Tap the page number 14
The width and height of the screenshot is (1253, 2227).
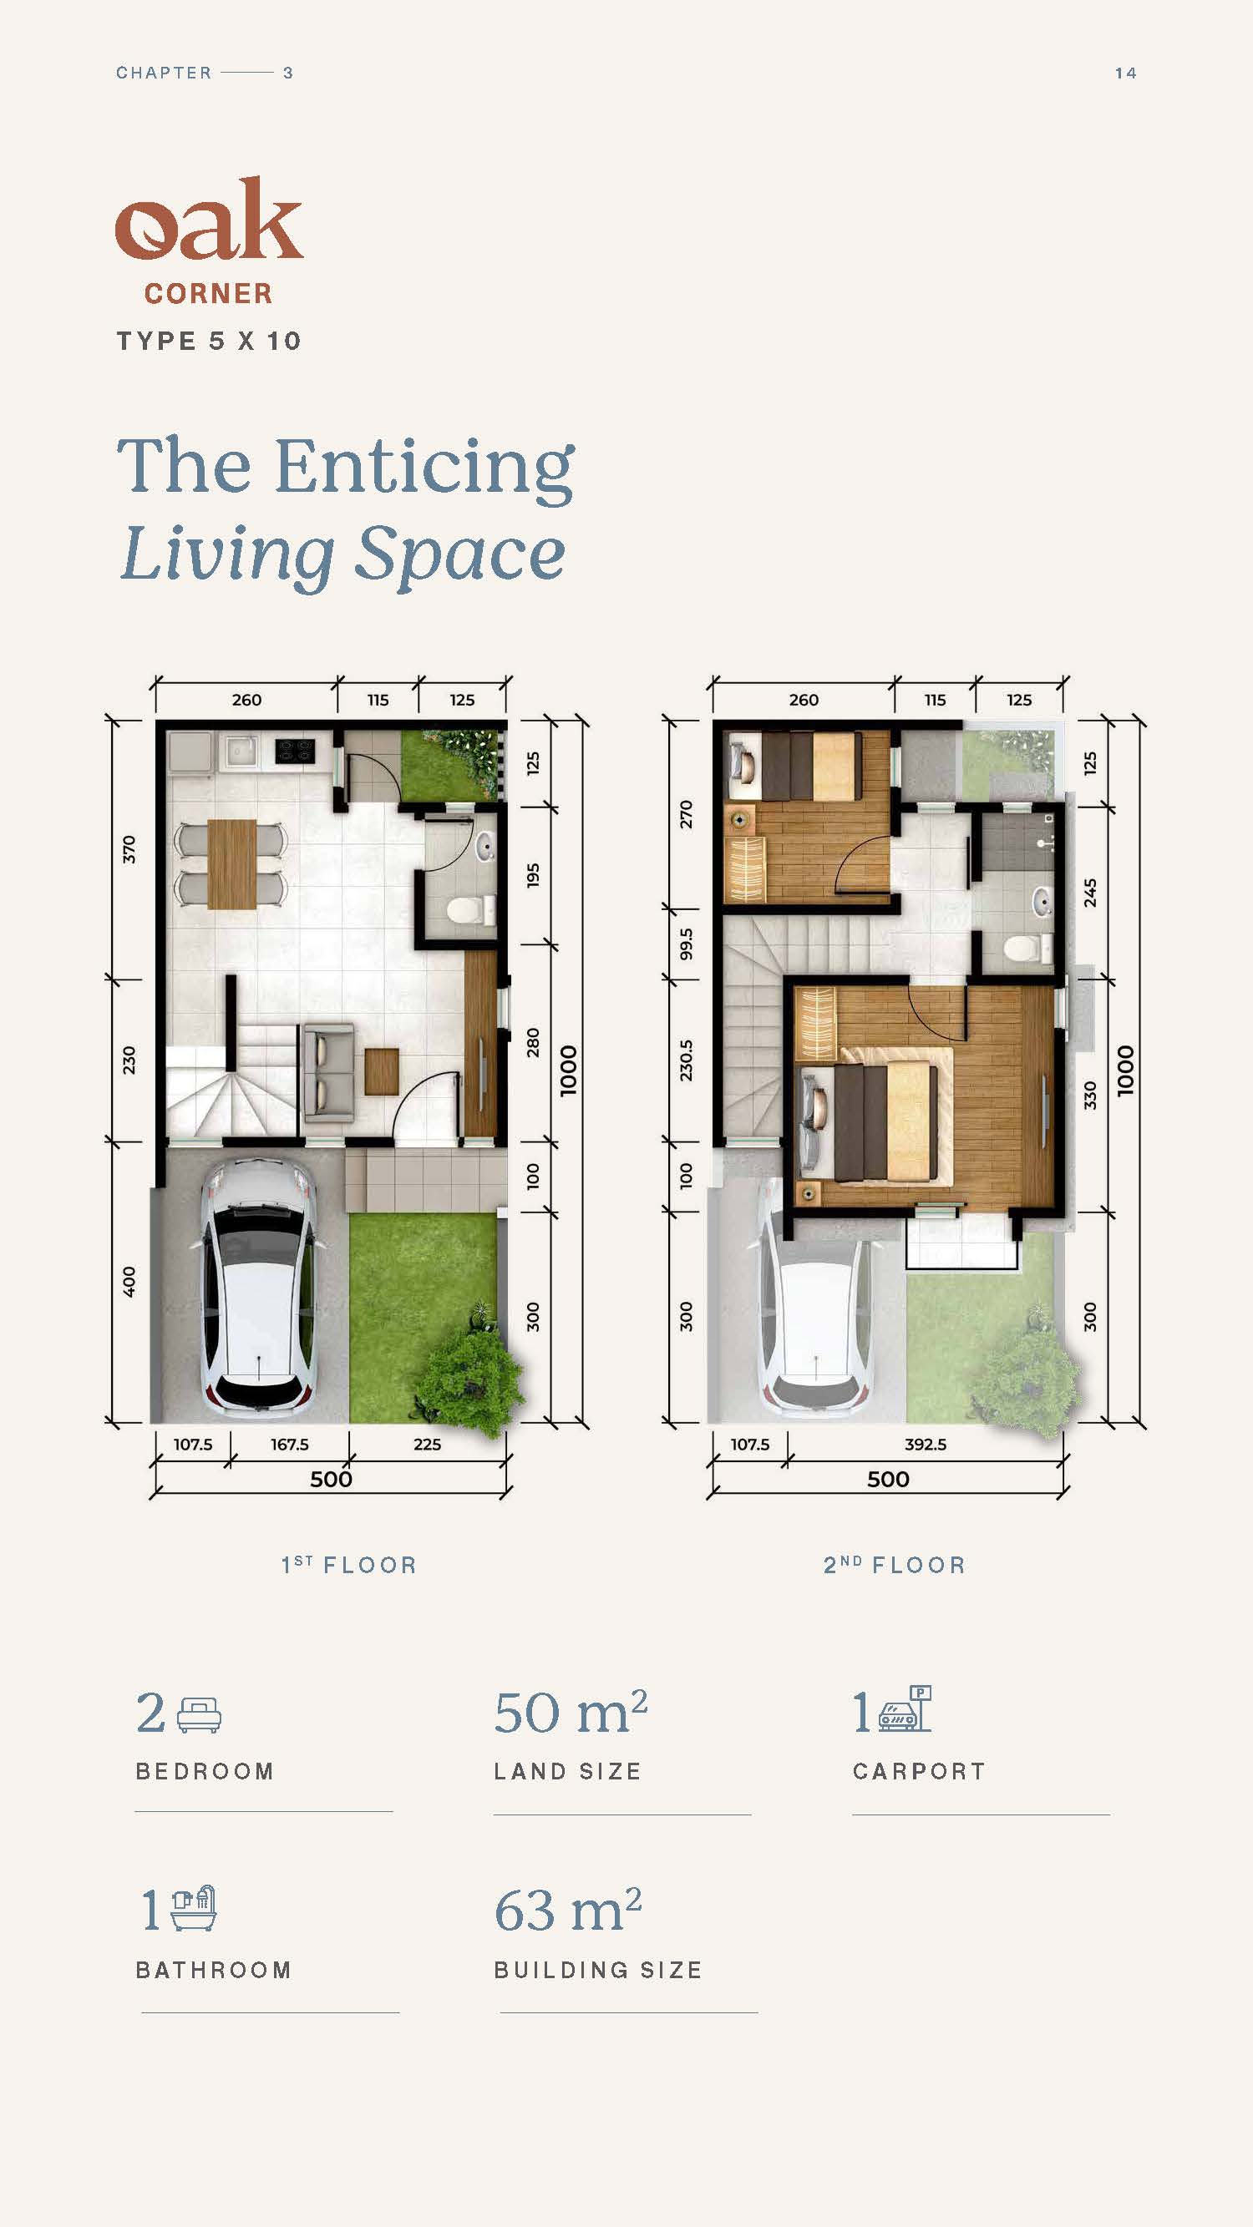tap(1125, 73)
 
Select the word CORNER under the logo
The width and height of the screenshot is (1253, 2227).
tap(208, 294)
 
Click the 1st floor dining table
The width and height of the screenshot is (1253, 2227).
tap(231, 863)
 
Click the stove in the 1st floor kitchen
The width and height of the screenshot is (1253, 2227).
tap(295, 750)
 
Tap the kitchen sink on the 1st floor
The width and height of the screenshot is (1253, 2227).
tap(240, 751)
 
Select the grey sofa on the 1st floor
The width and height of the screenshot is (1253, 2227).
tap(327, 1073)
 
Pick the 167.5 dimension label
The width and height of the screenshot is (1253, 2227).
tap(290, 1445)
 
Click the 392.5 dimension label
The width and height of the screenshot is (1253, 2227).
tap(926, 1445)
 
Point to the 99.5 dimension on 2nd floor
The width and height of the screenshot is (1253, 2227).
tap(686, 944)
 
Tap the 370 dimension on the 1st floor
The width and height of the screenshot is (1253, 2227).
tap(129, 849)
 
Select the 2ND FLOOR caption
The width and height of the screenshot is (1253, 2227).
tap(894, 1565)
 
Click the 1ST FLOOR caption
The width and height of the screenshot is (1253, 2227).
tap(349, 1565)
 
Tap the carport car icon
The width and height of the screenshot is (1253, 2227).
tap(906, 1709)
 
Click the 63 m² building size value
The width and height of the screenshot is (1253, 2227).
tap(568, 1909)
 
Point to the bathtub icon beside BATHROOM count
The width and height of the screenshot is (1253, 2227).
tap(194, 1908)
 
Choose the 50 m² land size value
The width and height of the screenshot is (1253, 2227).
tap(571, 1712)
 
